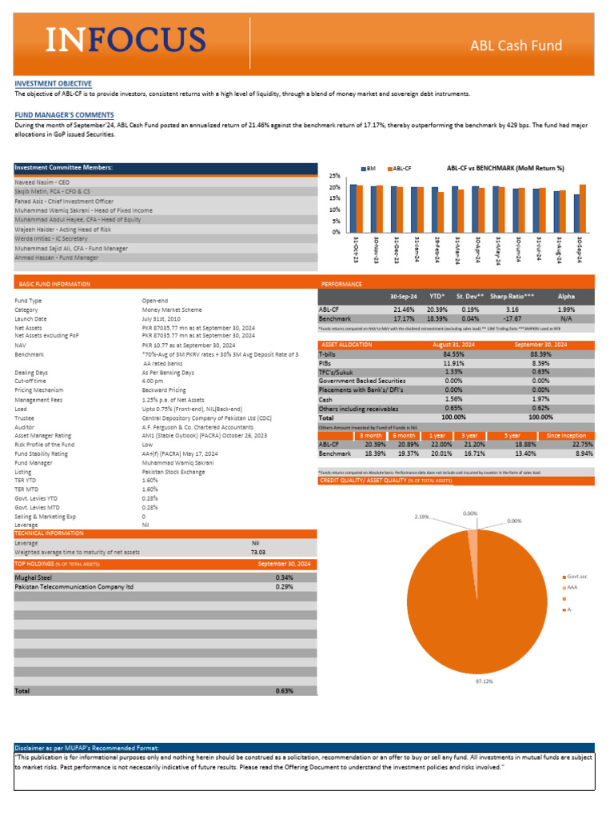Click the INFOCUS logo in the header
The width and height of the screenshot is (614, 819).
(126, 38)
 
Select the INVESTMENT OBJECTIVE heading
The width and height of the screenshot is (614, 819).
(53, 83)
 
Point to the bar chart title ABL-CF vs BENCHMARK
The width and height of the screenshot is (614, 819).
(505, 168)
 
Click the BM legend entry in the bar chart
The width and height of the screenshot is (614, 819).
(369, 169)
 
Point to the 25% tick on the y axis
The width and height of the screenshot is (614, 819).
(335, 176)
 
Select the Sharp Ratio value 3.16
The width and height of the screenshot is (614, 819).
(512, 309)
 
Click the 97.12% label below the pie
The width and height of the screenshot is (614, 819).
(484, 681)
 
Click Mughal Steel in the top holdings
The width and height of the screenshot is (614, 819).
(33, 577)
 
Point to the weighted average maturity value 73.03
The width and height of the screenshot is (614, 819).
(257, 552)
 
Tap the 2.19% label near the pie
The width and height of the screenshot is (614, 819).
(422, 517)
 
